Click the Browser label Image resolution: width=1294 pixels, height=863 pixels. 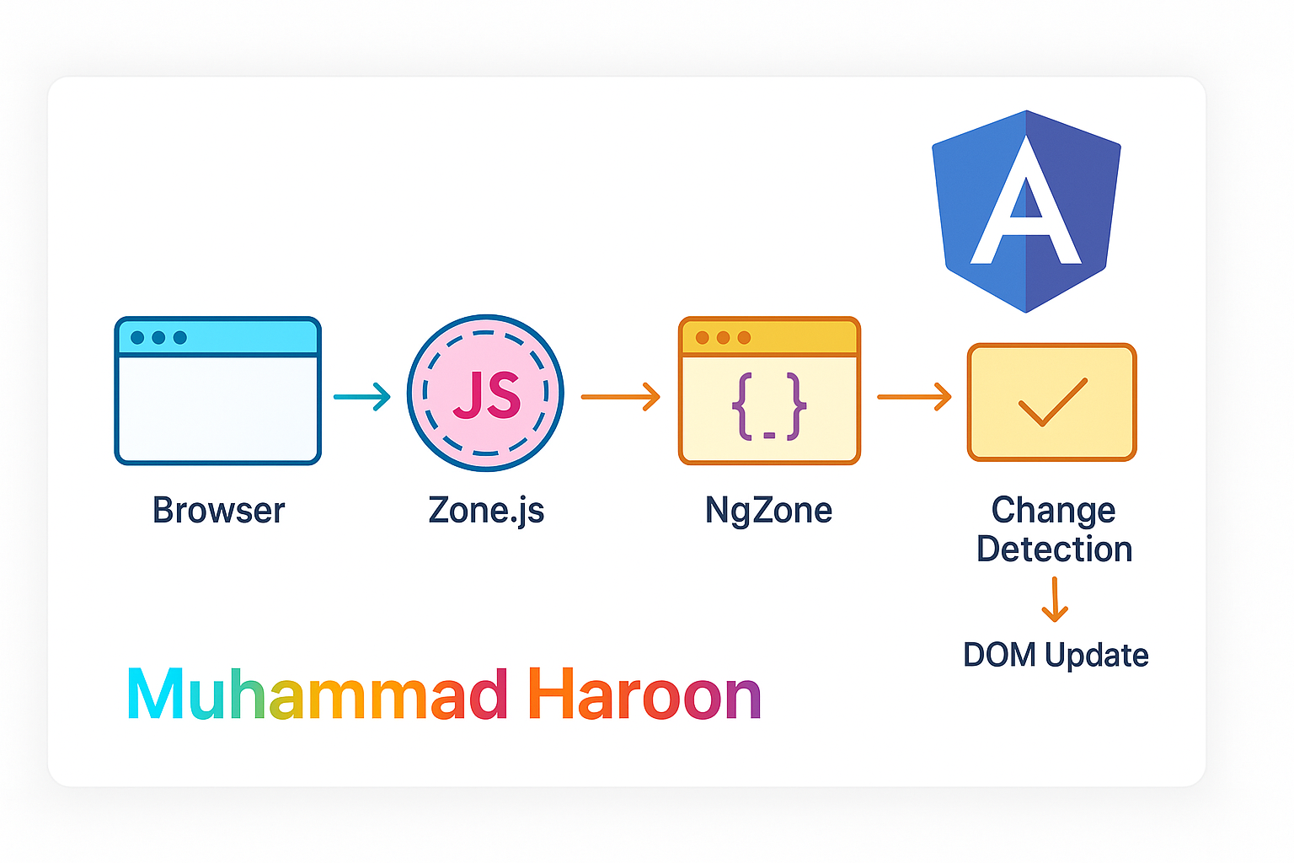coord(219,511)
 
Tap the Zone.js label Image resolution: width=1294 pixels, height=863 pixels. coord(486,511)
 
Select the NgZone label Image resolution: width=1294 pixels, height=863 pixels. coord(768,511)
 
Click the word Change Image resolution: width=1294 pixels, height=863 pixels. coord(1053,510)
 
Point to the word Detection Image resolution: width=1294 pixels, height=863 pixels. coord(1054,549)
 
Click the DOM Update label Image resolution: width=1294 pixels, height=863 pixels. coord(1056,655)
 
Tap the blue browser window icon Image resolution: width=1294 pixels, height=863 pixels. coord(218,391)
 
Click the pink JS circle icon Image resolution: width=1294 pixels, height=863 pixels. coord(485,393)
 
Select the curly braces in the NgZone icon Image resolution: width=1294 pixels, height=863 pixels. coord(769,406)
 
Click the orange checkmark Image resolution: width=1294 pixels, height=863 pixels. coord(1052,402)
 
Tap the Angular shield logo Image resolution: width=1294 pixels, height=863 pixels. coord(1026,211)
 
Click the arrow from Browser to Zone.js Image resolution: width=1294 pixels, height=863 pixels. coord(362,396)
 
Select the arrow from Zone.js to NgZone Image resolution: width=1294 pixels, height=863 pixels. coord(621,396)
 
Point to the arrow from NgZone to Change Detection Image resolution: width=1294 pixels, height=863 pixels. coord(914,396)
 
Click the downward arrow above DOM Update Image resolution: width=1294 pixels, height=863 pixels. coord(1055,599)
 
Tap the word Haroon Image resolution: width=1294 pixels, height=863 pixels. coord(644,695)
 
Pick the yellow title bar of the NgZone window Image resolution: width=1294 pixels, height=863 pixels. coord(769,338)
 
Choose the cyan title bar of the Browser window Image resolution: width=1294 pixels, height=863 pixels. coord(218,338)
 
